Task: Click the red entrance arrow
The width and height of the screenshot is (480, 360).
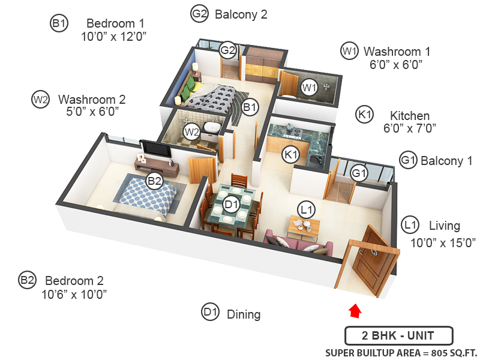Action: (355, 310)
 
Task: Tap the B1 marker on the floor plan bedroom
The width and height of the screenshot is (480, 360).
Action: (250, 107)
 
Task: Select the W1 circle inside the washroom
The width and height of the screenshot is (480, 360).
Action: (309, 88)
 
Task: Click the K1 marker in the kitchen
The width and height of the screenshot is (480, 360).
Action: (290, 154)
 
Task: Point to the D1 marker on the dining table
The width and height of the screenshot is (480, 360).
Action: (232, 204)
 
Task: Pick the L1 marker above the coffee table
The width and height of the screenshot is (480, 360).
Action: (307, 210)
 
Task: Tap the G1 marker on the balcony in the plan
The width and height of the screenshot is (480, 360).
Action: (359, 173)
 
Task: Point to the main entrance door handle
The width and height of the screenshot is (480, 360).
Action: (373, 251)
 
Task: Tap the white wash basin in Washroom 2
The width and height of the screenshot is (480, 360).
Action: (212, 127)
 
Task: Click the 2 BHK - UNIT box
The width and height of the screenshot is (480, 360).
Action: (398, 335)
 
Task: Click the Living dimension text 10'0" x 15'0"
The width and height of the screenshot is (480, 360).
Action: (443, 243)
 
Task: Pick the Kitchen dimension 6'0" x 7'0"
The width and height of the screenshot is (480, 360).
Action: (410, 128)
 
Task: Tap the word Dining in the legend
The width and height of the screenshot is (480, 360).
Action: (244, 314)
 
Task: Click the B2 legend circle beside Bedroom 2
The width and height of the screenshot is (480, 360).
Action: (27, 280)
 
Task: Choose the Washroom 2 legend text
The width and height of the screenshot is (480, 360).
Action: (92, 100)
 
